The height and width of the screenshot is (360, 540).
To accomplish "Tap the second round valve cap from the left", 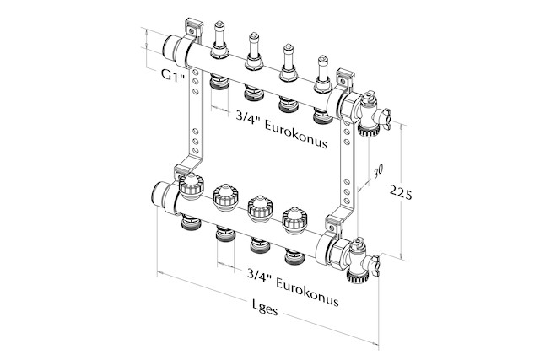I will click(x=226, y=198).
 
